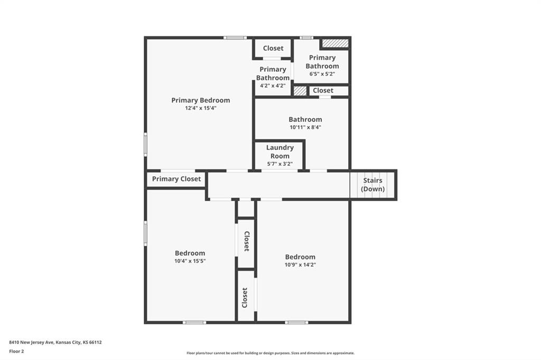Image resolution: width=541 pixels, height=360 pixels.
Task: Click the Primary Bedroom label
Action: tap(200, 100)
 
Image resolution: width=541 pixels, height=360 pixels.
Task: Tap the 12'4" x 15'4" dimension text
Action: tap(200, 108)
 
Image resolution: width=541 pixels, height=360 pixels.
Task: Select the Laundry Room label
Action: tap(280, 151)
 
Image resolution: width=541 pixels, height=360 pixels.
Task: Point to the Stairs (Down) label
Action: tap(372, 184)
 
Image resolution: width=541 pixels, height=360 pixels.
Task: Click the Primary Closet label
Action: tap(176, 179)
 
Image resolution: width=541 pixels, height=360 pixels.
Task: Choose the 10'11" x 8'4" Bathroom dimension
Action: tap(305, 127)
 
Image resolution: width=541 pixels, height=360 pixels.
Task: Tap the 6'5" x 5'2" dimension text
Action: tap(322, 74)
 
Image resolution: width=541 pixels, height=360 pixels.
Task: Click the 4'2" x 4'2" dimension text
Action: tap(273, 86)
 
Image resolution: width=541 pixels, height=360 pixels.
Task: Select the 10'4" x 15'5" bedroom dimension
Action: tap(190, 261)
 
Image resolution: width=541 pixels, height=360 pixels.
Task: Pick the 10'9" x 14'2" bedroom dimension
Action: tap(300, 265)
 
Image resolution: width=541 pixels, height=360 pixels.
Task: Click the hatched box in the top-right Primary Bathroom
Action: tap(335, 43)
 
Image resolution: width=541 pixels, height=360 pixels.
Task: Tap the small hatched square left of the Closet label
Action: tap(300, 91)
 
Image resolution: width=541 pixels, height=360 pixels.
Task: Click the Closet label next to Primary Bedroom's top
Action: tap(273, 48)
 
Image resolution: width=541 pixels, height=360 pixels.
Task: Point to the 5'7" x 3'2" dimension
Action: tap(280, 164)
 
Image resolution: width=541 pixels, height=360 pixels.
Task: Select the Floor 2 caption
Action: tap(16, 352)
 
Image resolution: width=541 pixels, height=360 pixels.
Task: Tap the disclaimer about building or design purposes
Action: tap(270, 353)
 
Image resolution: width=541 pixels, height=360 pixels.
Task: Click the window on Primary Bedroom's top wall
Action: tap(235, 37)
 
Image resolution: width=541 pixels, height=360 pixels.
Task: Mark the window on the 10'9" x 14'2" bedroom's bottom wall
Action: tap(297, 323)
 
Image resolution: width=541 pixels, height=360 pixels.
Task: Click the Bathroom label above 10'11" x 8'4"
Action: tap(305, 119)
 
